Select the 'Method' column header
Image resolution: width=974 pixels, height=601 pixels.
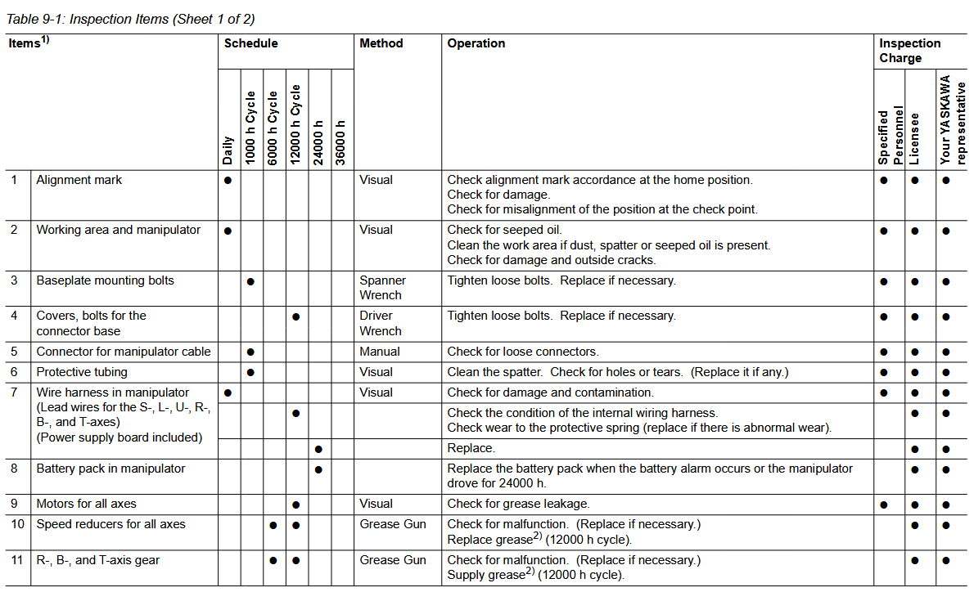pyautogui.click(x=381, y=43)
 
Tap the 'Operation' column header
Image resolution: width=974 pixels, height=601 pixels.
pyautogui.click(x=476, y=43)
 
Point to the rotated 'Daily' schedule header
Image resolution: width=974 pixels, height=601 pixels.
pyautogui.click(x=228, y=150)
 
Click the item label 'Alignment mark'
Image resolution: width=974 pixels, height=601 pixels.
pyautogui.click(x=79, y=180)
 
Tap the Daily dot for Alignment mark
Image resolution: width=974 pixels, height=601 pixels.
pyautogui.click(x=228, y=180)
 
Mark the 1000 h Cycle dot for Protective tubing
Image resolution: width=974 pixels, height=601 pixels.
pyautogui.click(x=250, y=372)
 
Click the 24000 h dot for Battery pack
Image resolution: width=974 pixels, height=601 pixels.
pyautogui.click(x=318, y=469)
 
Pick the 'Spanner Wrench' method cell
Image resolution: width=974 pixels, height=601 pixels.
pyautogui.click(x=381, y=288)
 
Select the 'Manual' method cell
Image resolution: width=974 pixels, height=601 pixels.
pyautogui.click(x=380, y=352)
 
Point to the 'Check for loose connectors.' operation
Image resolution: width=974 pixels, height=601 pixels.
pyautogui.click(x=522, y=352)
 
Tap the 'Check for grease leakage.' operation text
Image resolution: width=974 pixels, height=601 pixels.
pyautogui.click(x=518, y=504)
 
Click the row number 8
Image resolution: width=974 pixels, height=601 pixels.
pyautogui.click(x=14, y=469)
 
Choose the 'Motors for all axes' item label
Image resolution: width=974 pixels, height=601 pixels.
pyautogui.click(x=89, y=504)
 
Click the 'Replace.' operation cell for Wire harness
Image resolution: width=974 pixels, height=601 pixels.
pyautogui.click(x=471, y=448)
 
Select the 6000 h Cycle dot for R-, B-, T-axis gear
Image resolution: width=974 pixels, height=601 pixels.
pyautogui.click(x=273, y=561)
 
